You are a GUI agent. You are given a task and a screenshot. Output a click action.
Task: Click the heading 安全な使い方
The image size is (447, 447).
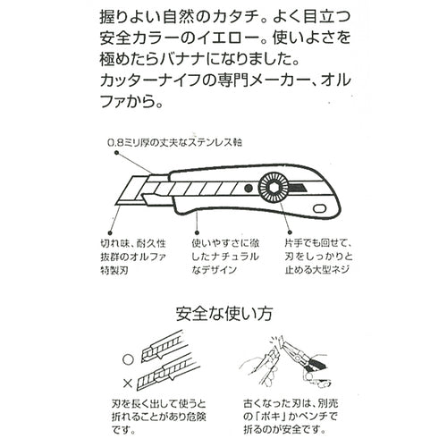223,314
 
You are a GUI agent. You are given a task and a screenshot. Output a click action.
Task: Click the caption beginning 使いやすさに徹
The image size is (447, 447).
226,256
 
